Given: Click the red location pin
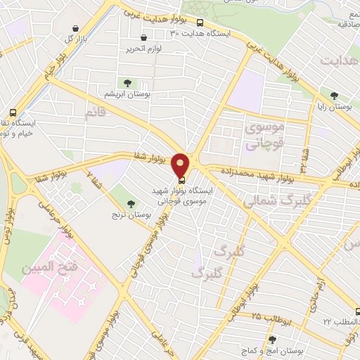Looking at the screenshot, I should (181, 166).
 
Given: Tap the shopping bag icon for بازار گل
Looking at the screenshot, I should (75, 28).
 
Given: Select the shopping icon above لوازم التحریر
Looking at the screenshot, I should (144, 38).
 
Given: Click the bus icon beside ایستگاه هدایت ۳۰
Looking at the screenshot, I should (201, 22).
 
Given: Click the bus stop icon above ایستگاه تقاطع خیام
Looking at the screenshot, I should (13, 112).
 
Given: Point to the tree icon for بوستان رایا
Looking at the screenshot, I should (334, 96).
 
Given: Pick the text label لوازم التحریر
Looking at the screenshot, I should (144, 49).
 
